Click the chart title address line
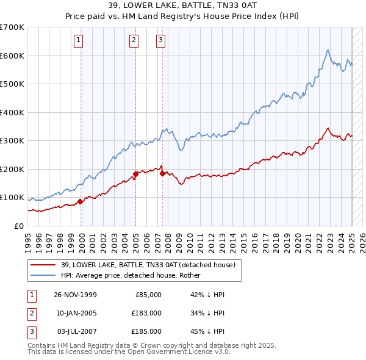(x=182, y=5)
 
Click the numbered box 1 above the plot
(x=80, y=41)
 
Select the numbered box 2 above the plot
(x=134, y=41)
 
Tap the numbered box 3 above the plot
(x=160, y=41)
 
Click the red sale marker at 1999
(x=81, y=201)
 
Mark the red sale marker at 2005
(x=135, y=174)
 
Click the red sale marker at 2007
(x=162, y=173)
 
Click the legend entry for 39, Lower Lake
(x=151, y=265)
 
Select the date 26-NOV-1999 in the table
(x=75, y=295)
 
